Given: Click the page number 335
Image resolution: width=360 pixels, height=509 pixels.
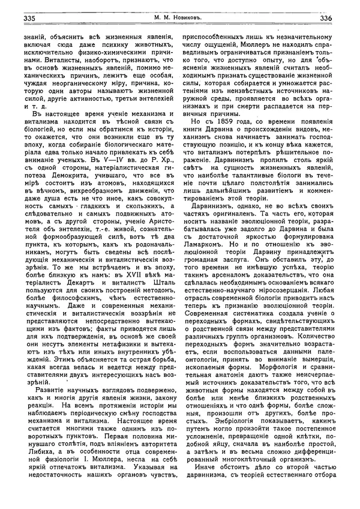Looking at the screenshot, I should (29, 18).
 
